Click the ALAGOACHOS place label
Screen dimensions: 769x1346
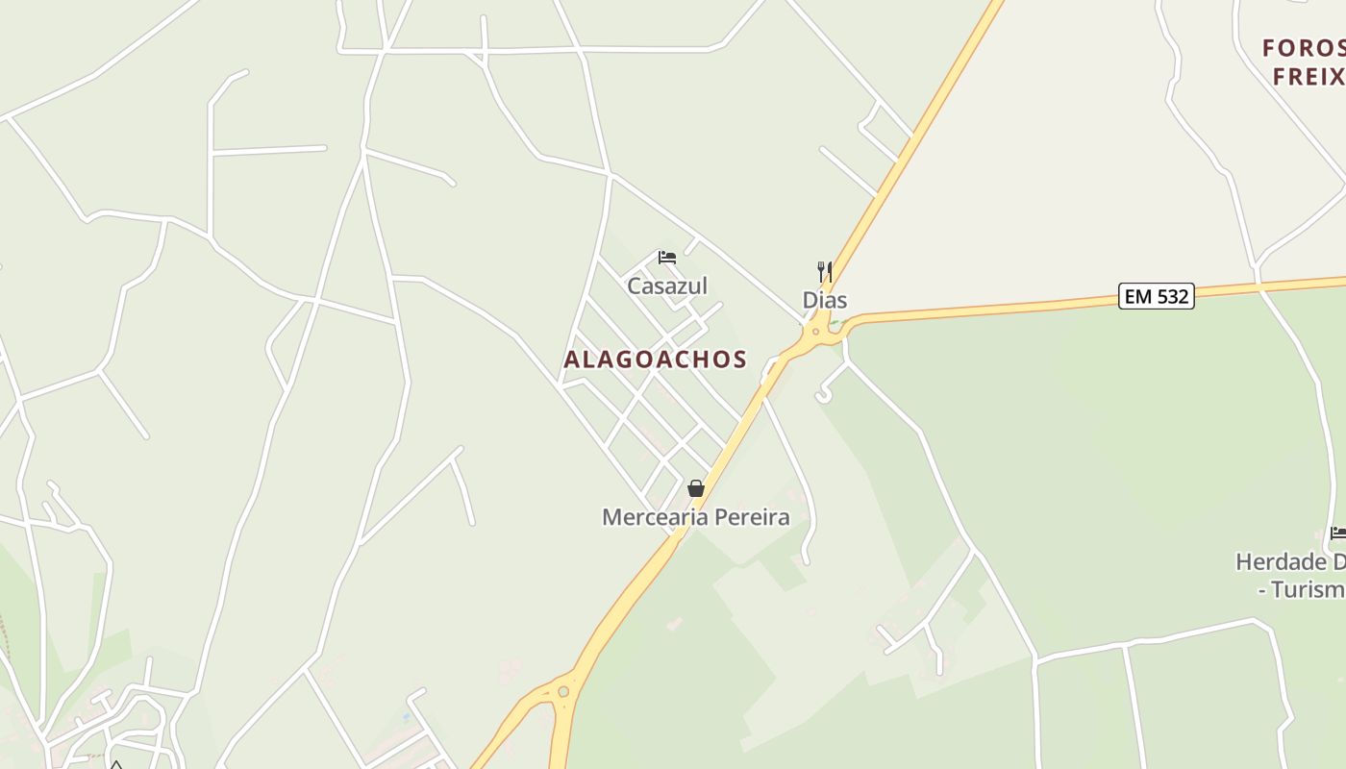(655, 360)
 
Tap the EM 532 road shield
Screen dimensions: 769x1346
(1158, 296)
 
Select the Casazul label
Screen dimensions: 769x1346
(666, 285)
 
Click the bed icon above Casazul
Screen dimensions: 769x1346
(666, 258)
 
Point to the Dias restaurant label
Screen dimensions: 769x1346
(824, 300)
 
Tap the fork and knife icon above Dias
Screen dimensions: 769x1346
(824, 271)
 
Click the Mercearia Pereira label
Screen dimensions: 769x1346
(695, 517)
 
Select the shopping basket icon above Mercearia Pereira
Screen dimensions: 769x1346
(696, 488)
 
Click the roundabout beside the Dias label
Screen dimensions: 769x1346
(816, 333)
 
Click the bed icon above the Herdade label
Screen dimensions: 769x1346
(1337, 533)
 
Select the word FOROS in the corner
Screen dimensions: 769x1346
(1303, 48)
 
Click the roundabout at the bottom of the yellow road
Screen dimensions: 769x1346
(562, 691)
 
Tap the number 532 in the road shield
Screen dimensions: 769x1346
(1171, 296)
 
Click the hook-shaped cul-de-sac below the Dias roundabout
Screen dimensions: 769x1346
(824, 393)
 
